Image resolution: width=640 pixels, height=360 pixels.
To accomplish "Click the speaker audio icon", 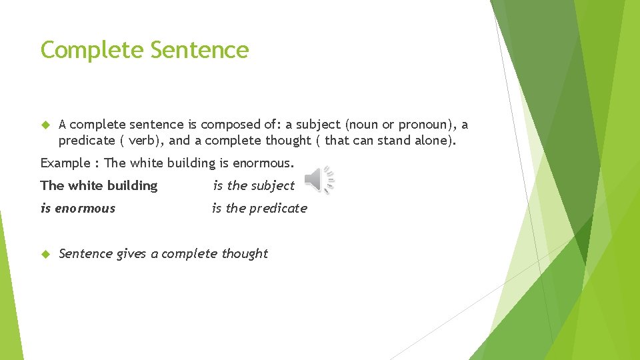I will (x=319, y=180).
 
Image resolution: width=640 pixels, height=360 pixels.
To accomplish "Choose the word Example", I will (x=65, y=163).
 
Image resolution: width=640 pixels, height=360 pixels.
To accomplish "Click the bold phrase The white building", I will (x=99, y=186).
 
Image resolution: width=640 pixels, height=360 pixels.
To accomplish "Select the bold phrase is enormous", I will (x=78, y=209).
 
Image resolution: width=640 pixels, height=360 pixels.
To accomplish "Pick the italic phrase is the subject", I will (x=253, y=186).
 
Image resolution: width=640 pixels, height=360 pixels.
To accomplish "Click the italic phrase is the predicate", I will (x=259, y=209).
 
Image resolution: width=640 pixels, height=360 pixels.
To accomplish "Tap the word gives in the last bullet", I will (x=131, y=254).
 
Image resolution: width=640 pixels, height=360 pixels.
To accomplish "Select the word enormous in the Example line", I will (x=263, y=163).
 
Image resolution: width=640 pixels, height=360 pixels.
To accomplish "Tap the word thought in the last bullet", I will (x=244, y=254).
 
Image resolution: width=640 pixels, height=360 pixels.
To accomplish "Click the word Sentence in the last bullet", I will (x=85, y=254).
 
